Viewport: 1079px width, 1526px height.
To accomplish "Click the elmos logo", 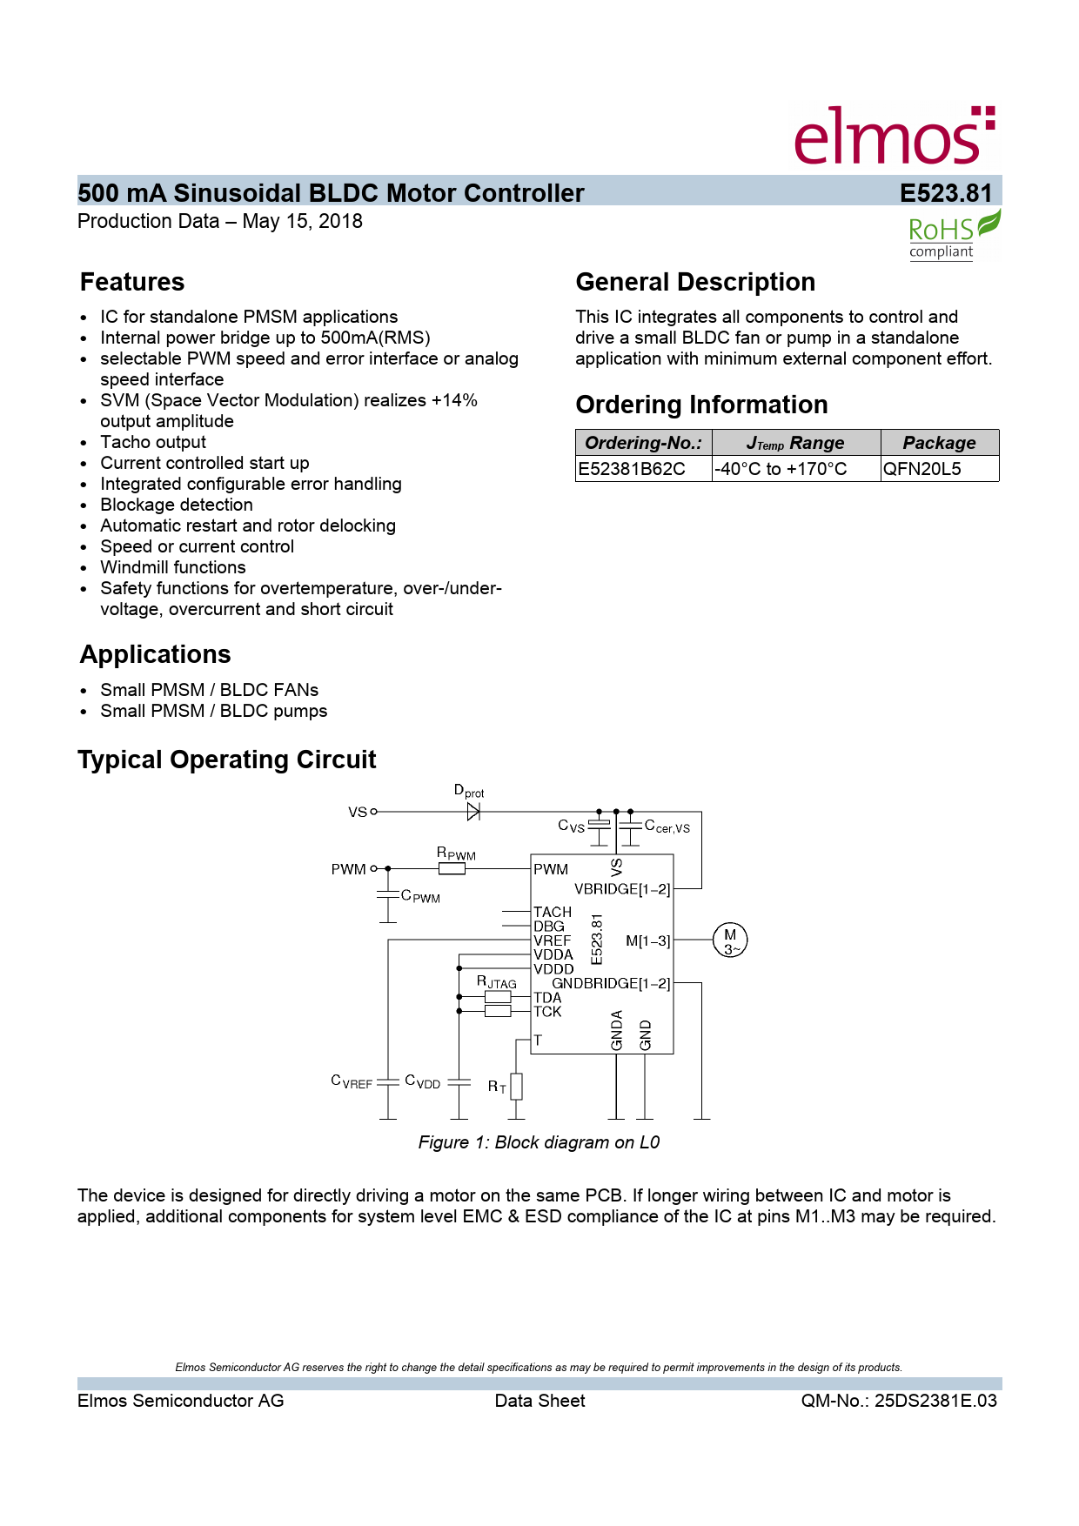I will tap(894, 136).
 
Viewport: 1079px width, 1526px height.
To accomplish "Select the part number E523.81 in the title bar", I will tap(946, 193).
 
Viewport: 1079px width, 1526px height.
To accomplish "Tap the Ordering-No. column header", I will tap(643, 443).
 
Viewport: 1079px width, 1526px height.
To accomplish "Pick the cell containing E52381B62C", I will tap(633, 469).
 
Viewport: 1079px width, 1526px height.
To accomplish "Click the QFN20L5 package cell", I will tap(922, 469).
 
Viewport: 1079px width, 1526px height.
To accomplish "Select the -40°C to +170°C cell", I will tap(781, 469).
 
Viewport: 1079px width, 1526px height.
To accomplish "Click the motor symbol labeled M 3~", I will tap(730, 940).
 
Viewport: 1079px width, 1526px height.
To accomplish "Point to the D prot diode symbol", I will tap(473, 812).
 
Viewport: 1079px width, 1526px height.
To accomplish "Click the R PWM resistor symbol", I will tap(452, 868).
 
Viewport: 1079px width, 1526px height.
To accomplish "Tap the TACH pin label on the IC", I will tap(553, 912).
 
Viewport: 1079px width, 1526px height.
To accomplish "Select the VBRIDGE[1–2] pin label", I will tap(622, 889).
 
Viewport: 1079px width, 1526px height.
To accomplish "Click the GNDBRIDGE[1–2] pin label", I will tap(611, 983).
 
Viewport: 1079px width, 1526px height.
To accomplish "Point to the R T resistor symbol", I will tap(516, 1086).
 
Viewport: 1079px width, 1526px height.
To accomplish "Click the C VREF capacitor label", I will tap(352, 1081).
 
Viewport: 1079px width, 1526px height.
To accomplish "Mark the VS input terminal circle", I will tap(374, 812).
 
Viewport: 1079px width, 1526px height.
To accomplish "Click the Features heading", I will tap(132, 283).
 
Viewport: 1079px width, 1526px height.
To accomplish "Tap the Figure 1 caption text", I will tap(539, 1142).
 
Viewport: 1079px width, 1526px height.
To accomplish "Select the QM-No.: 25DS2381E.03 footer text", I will tap(899, 1401).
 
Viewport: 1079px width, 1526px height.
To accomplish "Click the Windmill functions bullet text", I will tap(173, 567).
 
